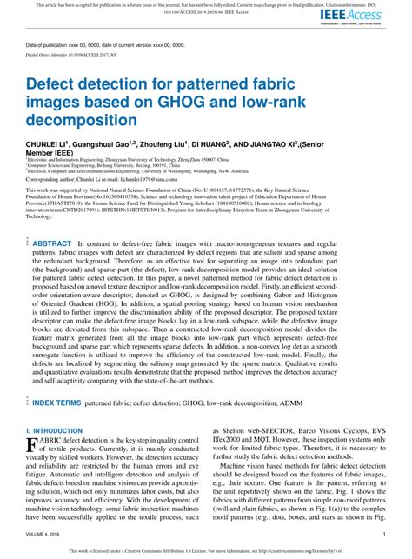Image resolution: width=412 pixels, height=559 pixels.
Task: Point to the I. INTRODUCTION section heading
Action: (55, 430)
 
